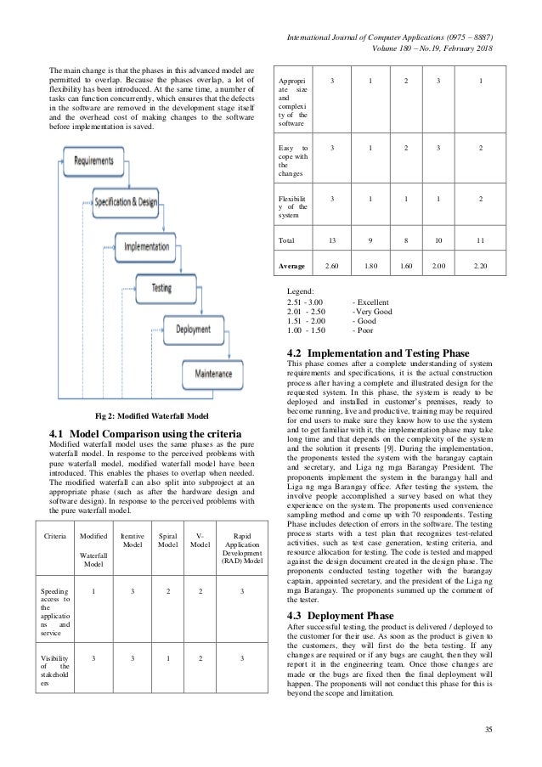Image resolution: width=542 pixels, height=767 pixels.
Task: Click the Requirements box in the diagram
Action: pos(100,160)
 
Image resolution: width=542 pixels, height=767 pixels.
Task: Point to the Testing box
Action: pos(169,288)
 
